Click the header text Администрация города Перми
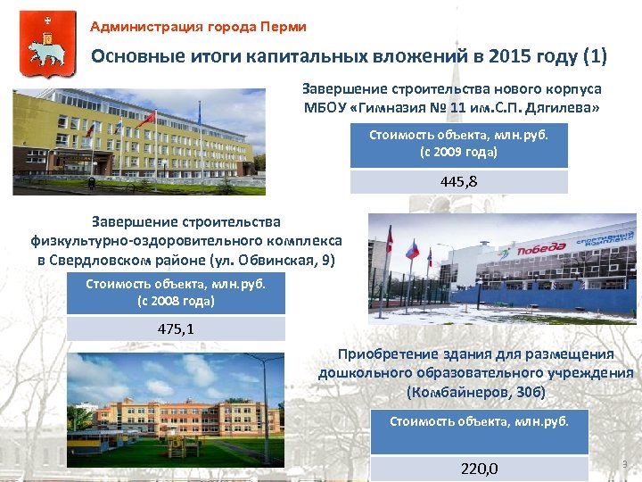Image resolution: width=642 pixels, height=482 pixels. coord(198,27)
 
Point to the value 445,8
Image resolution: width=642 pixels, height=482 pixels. coord(458,182)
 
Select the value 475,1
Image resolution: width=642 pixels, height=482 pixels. coord(176,328)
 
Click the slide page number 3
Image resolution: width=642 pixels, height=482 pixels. coord(624,464)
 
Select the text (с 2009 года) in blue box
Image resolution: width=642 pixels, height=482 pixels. coord(458,152)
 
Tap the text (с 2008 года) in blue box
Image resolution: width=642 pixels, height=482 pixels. coord(176,300)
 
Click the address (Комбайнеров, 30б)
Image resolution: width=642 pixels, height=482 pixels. coord(475,392)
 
